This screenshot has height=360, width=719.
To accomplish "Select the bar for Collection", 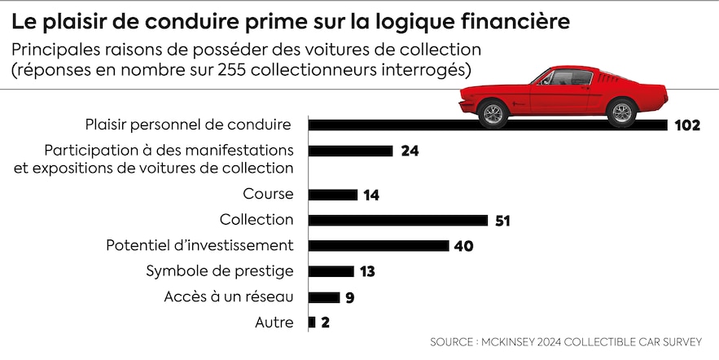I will (397, 220).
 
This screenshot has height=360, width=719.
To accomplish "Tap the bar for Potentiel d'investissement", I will (379, 246).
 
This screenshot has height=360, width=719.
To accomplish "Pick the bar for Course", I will (332, 195).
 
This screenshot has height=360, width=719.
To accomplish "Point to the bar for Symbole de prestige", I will (331, 271).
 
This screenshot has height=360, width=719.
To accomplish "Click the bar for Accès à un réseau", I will (323, 297).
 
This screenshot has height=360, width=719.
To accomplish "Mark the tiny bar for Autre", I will (312, 323).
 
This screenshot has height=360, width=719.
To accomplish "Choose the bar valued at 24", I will (350, 151).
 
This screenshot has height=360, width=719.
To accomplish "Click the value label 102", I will (687, 125).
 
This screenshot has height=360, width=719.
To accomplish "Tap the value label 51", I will (502, 221).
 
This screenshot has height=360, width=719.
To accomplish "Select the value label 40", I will (464, 246).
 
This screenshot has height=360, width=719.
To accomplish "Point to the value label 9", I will (349, 297).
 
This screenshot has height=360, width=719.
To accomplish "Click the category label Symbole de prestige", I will (219, 271).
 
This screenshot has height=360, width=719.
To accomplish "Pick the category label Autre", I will (274, 323).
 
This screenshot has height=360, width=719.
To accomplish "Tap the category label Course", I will (268, 195).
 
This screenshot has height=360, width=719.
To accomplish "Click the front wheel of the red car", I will (493, 112).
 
